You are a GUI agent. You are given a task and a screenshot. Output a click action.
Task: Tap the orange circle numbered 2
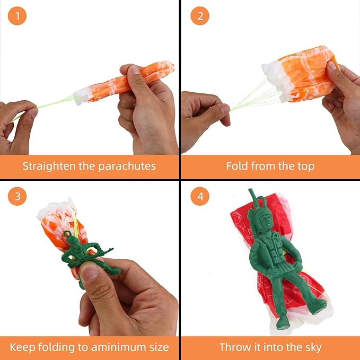click(200, 16)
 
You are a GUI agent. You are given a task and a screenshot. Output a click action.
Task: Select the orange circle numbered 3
click(17, 197)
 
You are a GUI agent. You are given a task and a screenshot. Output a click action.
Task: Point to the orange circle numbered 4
click(200, 197)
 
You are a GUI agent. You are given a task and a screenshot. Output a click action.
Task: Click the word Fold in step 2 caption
click(237, 166)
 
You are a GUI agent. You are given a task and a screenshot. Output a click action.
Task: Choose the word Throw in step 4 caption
click(235, 347)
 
